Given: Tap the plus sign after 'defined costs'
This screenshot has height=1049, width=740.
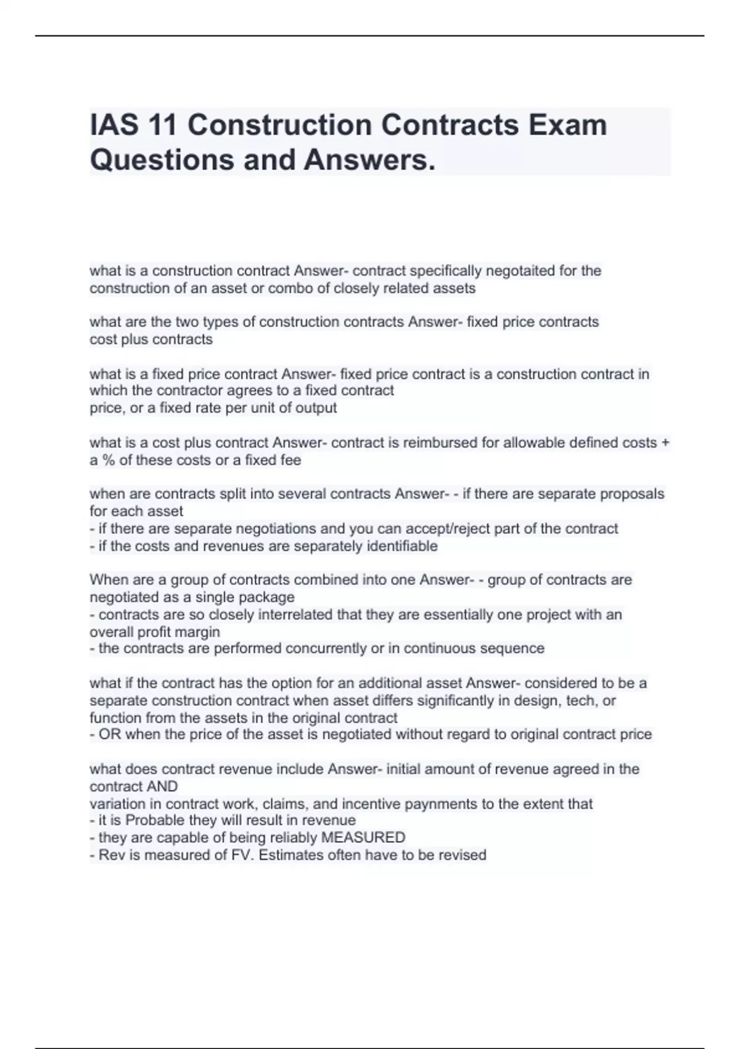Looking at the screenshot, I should [665, 443].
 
